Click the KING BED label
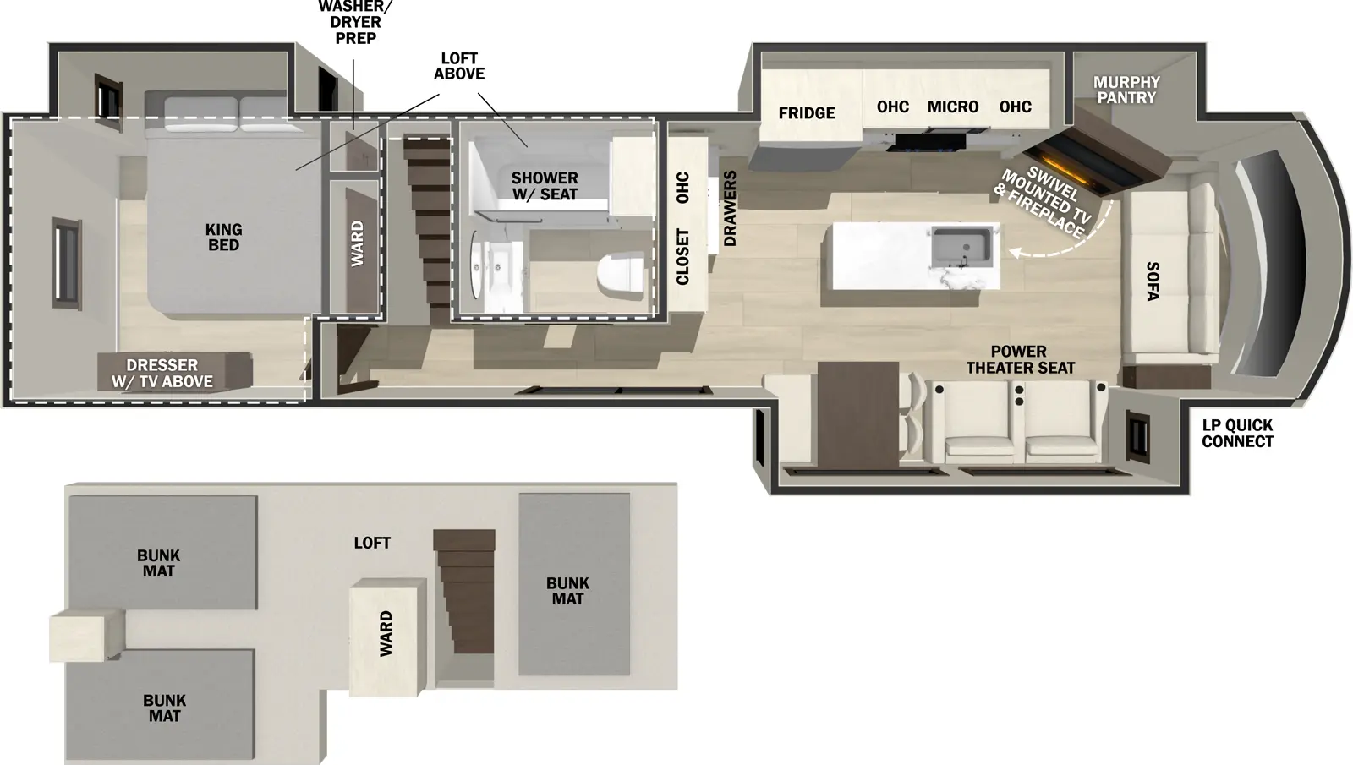pos(223,237)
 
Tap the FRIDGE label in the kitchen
pos(807,113)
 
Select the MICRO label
pos(953,107)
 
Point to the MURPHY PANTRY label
pos(1126,90)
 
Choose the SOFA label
pos(1152,281)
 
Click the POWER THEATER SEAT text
pos(1020,359)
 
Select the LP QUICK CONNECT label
pos(1237,434)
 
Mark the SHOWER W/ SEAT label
pos(545,186)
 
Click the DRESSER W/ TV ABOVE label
pos(162,374)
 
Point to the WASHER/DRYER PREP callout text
pos(356,23)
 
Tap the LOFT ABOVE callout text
pos(459,66)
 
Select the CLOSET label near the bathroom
pos(683,257)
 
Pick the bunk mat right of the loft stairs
pos(573,585)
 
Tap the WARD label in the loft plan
pos(386,634)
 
